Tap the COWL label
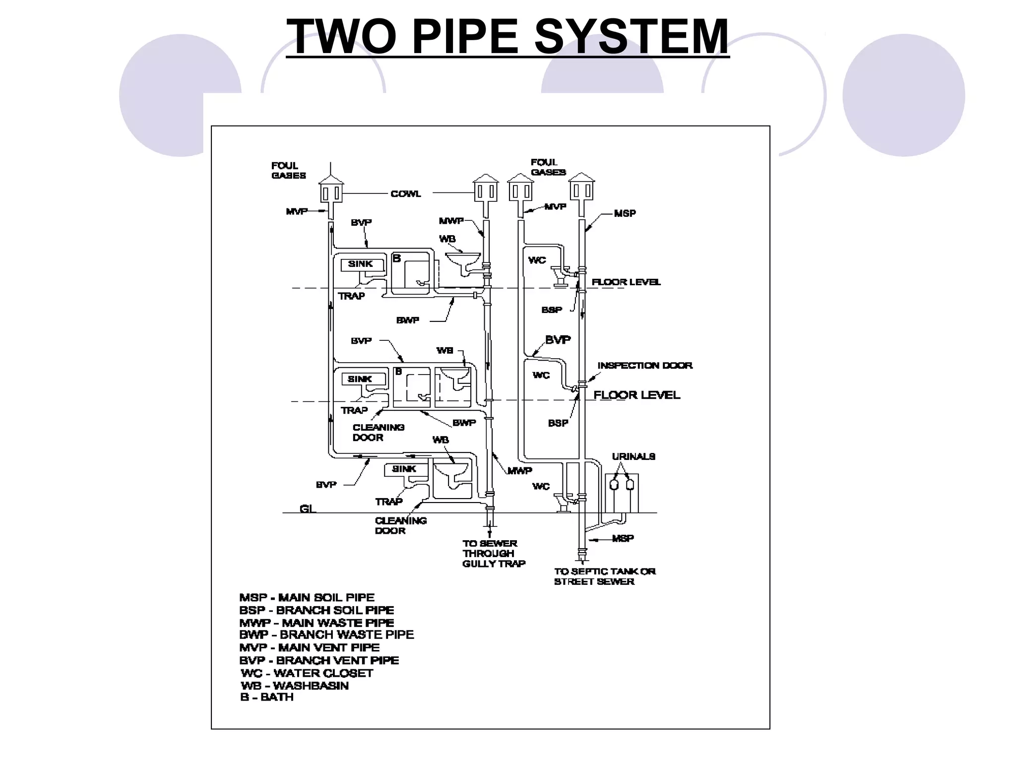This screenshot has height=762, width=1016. click(405, 194)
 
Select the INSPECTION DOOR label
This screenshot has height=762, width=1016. click(644, 366)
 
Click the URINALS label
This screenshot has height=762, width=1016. click(634, 456)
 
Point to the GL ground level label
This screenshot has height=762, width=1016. click(308, 509)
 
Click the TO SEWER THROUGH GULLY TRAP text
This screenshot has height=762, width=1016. click(493, 554)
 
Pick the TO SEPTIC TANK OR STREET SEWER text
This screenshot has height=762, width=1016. click(604, 576)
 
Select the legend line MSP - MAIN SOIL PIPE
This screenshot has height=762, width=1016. click(307, 598)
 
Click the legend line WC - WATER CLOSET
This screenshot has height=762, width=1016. click(307, 673)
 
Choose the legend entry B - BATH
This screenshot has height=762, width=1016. click(267, 697)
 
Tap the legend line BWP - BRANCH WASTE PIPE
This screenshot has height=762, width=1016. click(326, 635)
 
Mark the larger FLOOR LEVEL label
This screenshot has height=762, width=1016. click(636, 395)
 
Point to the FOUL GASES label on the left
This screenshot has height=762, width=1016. click(288, 170)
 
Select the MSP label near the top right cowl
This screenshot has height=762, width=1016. click(625, 213)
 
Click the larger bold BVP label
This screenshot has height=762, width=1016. click(558, 340)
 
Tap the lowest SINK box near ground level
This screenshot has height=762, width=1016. click(404, 469)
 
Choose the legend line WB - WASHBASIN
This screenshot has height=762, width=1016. click(295, 686)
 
